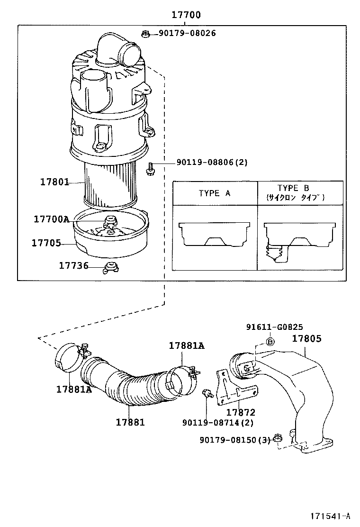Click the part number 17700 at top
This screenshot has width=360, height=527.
pos(186,15)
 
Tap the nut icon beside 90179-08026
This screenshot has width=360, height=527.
pos(146,33)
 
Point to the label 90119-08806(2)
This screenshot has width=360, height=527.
pos(212,162)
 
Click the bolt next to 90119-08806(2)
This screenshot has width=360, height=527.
pos(149,168)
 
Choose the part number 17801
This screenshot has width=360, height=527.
pos(54,182)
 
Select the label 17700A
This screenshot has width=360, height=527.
pos(51,219)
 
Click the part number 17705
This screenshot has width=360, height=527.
pos(46,243)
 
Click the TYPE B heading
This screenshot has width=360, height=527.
pos(294,188)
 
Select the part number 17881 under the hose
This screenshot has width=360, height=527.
pos(130,422)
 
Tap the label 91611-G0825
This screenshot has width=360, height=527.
pos(275,327)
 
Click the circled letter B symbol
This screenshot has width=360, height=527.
pos(269,341)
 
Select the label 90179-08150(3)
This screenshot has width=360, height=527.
pos(234,440)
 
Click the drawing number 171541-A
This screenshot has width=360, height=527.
pos(330,516)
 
